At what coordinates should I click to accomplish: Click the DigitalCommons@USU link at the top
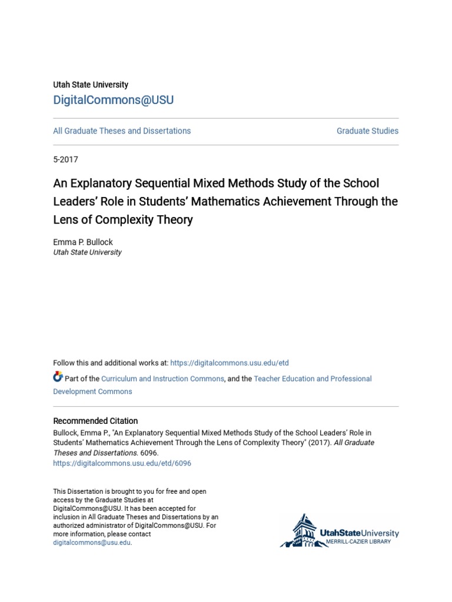(114, 100)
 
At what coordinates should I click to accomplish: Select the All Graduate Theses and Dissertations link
(122, 131)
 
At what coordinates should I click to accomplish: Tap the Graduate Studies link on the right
(367, 131)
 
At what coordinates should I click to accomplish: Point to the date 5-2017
(65, 159)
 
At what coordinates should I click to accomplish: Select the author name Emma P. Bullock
(82, 242)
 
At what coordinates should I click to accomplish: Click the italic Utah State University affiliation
(87, 252)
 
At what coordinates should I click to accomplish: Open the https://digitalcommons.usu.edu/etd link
(230, 363)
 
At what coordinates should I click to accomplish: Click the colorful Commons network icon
(58, 377)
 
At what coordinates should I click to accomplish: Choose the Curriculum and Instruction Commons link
(162, 379)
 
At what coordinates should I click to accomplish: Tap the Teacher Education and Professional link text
(313, 379)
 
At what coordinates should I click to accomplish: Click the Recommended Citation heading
(95, 421)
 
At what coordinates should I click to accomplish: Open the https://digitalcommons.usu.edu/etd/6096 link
(122, 463)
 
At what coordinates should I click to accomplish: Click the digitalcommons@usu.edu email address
(92, 543)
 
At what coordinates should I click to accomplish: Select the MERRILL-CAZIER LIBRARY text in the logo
(359, 541)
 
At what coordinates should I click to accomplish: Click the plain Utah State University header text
(91, 85)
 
